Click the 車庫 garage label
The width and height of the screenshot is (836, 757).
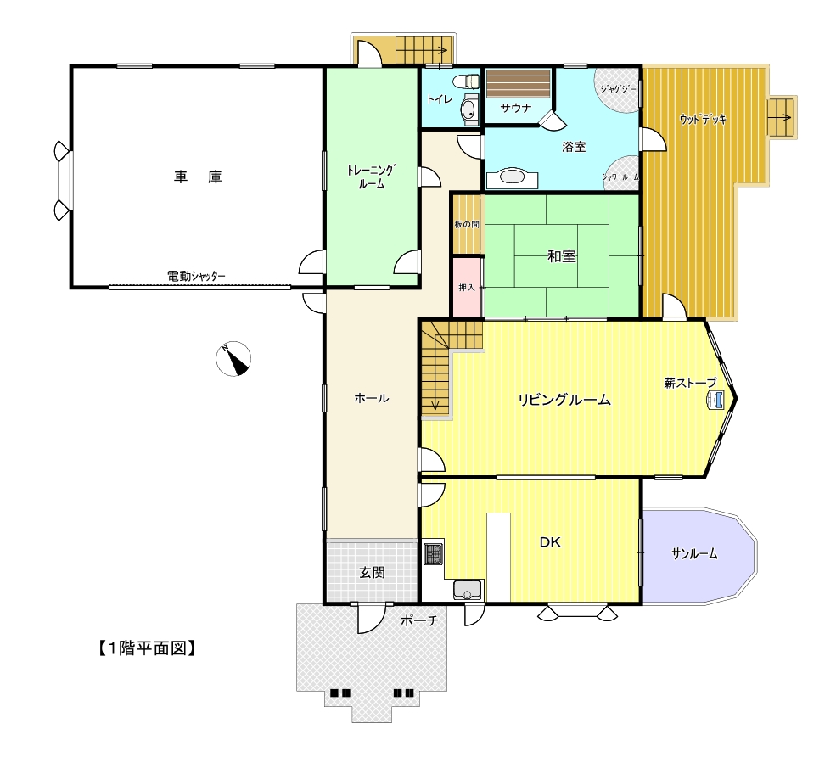[x=197, y=177]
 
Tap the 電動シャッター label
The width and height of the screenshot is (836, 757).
[x=196, y=276]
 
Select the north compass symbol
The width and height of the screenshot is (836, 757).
[x=233, y=358]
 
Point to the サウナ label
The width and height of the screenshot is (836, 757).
[x=515, y=109]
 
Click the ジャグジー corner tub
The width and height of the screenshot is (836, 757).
[x=617, y=90]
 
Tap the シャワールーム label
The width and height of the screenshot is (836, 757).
[x=620, y=177]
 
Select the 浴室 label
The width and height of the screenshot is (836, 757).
[x=574, y=147]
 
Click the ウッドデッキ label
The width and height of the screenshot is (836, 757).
[x=704, y=120]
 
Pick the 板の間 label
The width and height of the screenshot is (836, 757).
[x=467, y=224]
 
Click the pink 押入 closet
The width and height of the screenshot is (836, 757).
[x=467, y=288]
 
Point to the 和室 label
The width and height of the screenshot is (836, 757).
[x=562, y=256]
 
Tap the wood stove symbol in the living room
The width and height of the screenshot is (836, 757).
[x=715, y=399]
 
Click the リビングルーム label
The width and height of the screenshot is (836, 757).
[x=564, y=400]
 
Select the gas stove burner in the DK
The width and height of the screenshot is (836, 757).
[x=434, y=553]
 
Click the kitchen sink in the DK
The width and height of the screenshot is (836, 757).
[x=467, y=590]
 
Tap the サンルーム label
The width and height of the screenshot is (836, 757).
[x=694, y=554]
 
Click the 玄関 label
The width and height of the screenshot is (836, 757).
[x=372, y=573]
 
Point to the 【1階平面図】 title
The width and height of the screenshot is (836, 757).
[x=147, y=648]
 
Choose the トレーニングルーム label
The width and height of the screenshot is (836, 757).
[x=372, y=177]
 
